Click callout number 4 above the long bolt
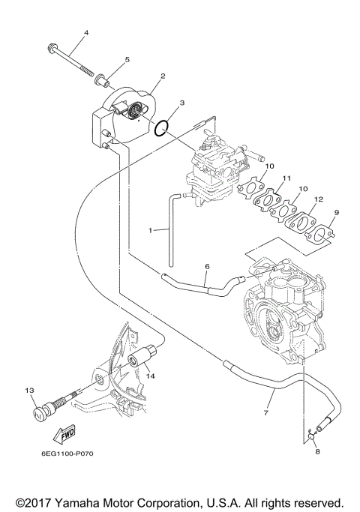[x=85, y=33]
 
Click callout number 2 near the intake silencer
[x=162, y=76]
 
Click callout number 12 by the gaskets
[x=319, y=200]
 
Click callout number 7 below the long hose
[x=265, y=412]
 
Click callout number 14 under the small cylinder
[x=150, y=376]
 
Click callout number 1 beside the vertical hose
[x=151, y=232]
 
